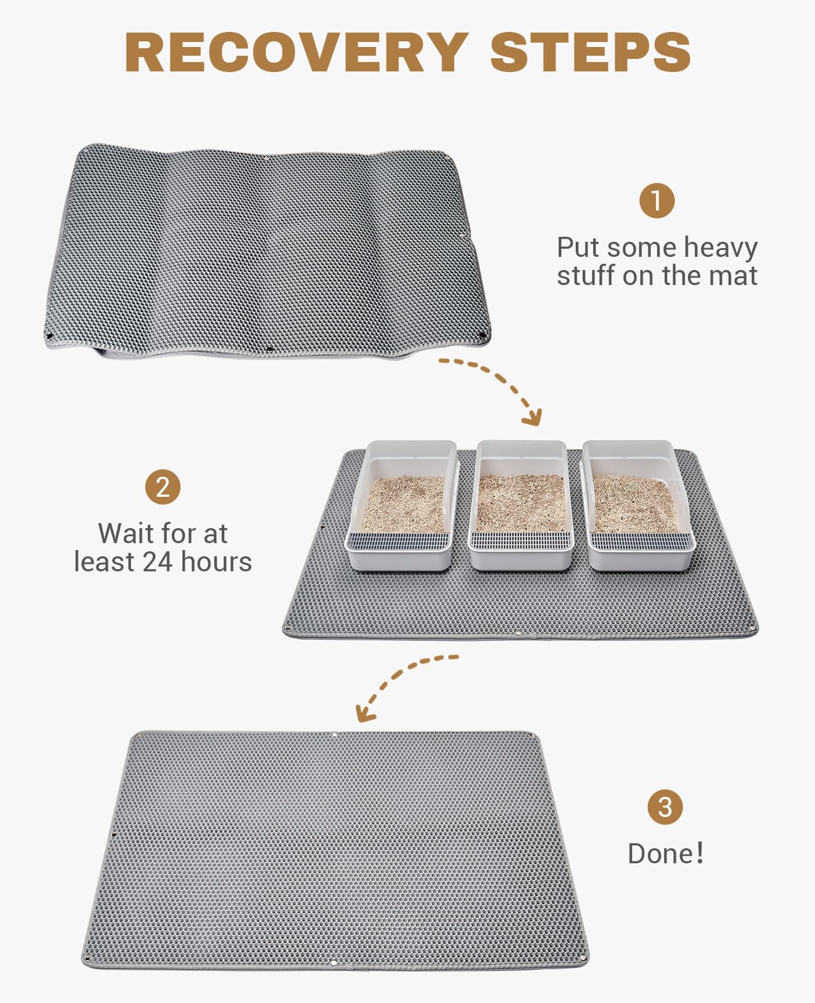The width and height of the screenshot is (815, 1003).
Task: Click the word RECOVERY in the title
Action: pyautogui.click(x=297, y=52)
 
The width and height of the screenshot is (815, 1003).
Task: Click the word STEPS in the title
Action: pyautogui.click(x=590, y=52)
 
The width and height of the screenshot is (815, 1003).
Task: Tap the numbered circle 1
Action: pyautogui.click(x=657, y=200)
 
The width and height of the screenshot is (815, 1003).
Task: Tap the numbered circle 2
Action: pyautogui.click(x=162, y=487)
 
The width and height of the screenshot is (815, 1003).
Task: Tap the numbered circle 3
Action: pyautogui.click(x=665, y=807)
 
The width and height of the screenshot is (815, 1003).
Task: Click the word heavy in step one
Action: pyautogui.click(x=720, y=248)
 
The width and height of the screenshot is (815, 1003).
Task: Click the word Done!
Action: pyautogui.click(x=666, y=854)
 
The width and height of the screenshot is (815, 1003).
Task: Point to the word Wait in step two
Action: pyautogui.click(x=126, y=534)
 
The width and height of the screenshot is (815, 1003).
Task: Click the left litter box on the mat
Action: pyautogui.click(x=402, y=506)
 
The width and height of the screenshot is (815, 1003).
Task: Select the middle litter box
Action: pyautogui.click(x=521, y=506)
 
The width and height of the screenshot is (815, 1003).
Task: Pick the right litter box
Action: pyautogui.click(x=638, y=506)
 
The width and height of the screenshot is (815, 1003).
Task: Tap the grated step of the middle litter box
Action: pyautogui.click(x=521, y=541)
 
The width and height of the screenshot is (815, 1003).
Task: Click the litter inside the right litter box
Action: pyautogui.click(x=634, y=504)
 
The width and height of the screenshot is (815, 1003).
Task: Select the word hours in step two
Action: pyautogui.click(x=216, y=562)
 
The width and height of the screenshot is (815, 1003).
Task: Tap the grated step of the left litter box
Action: pyautogui.click(x=399, y=541)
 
